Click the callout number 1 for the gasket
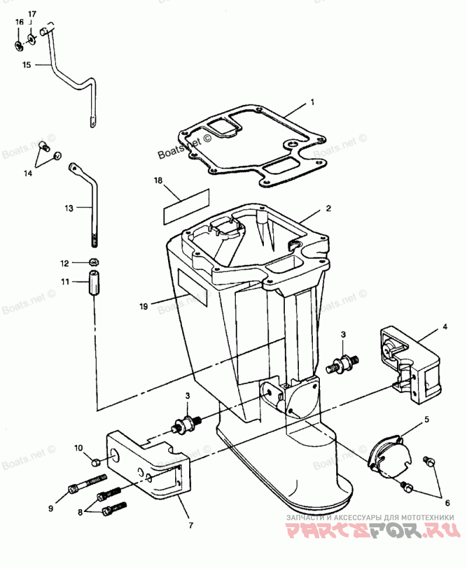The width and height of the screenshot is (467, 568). click(x=312, y=102)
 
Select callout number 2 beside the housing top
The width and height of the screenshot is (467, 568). click(x=329, y=208)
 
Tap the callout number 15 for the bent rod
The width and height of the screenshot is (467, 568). click(x=26, y=65)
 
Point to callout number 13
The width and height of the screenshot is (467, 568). click(x=69, y=207)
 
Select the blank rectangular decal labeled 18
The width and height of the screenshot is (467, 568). click(x=186, y=206)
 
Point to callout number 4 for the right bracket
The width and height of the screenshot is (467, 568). click(x=444, y=327)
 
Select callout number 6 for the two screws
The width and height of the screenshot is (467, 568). click(x=448, y=503)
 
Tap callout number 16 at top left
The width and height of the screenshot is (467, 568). click(x=19, y=22)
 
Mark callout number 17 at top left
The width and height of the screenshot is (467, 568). click(x=32, y=13)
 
